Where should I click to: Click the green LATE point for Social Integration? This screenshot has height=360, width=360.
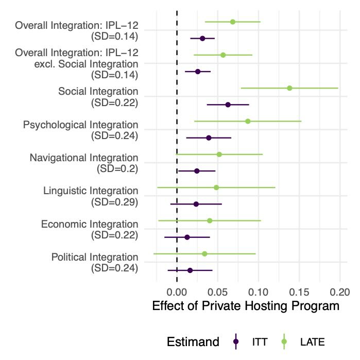tap(289, 88)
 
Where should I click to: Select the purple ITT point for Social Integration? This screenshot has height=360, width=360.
tap(228, 105)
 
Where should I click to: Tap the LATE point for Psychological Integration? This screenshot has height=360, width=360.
tap(248, 121)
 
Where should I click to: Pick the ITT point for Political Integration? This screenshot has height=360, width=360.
tap(190, 270)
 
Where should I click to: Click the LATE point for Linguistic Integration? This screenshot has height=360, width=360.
tap(216, 187)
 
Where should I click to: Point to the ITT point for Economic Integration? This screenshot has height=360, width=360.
tap(187, 237)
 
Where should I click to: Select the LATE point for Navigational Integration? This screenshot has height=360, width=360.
tap(219, 154)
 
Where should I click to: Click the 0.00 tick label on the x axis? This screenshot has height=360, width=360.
tap(177, 292)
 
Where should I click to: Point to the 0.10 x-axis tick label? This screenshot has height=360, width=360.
tap(259, 292)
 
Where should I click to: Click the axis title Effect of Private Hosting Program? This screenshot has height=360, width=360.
tap(246, 306)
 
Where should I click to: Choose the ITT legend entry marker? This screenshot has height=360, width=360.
tap(235, 341)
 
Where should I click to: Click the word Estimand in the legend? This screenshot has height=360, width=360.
tap(193, 341)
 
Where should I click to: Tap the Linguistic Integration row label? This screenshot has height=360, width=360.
tap(91, 191)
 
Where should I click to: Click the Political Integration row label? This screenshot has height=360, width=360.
tap(95, 257)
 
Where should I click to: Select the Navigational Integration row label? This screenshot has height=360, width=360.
tap(84, 158)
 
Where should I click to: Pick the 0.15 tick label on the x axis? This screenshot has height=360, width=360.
tap(299, 292)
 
